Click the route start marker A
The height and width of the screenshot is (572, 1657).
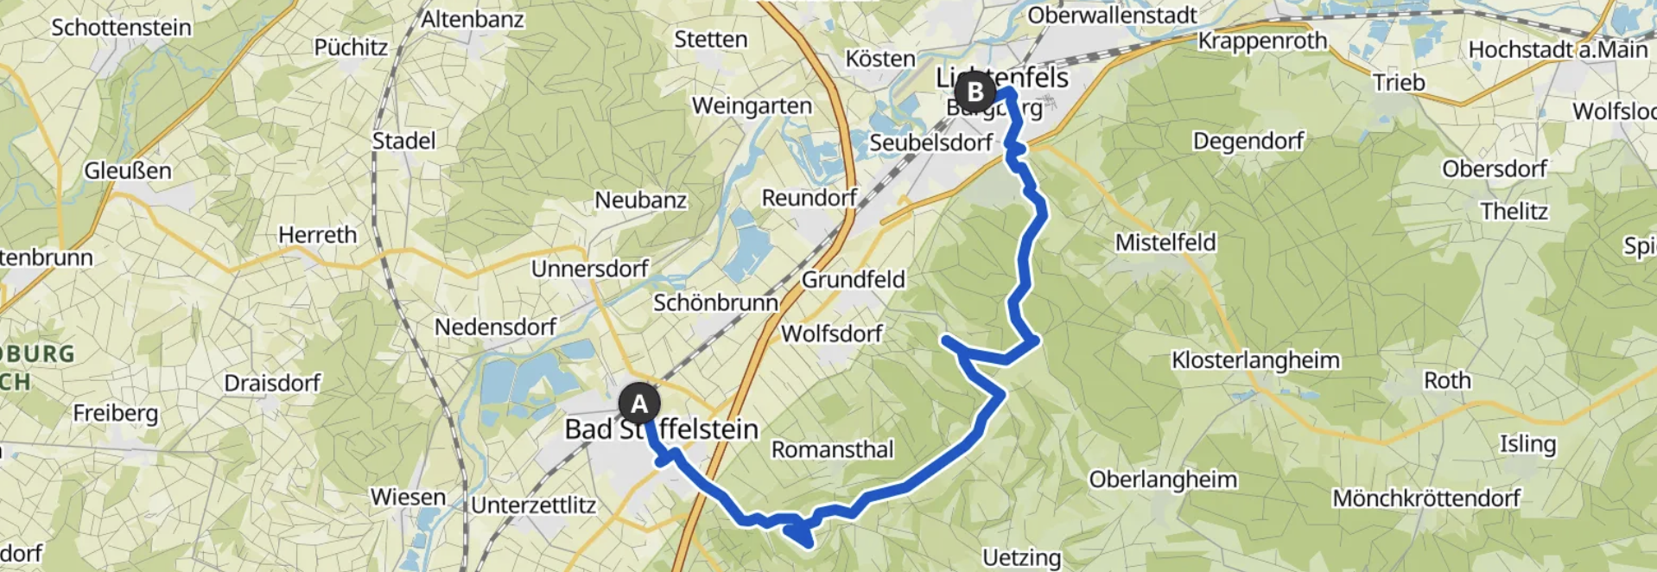pos(639,404)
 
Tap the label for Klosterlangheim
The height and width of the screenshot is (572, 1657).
pos(1255,360)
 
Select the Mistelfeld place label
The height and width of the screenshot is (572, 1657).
pos(1165,243)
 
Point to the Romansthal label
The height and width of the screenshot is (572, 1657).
pos(832,449)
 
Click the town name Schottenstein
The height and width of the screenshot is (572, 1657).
pos(121,28)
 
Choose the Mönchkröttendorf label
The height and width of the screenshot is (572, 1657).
pos(1425,498)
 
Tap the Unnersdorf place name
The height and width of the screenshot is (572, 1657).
pos(589,269)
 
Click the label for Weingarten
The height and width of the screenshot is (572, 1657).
pos(752,105)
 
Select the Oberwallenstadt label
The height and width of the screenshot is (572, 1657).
pos(1112,16)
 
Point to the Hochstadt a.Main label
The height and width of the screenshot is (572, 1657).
pos(1558,50)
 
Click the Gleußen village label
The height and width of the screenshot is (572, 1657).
pos(128,171)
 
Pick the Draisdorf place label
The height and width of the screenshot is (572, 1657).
pos(272,383)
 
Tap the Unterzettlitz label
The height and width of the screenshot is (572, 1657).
pos(533,505)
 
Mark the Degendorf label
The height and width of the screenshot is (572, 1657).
pos(1248,141)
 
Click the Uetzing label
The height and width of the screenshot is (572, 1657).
pos(1021,557)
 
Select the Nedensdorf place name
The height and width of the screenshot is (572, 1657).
pos(495,327)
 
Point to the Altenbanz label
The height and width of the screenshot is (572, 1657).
pos(472,19)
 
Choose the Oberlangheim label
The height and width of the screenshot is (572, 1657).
pos(1163,480)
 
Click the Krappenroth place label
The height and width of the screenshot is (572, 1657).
pos(1262,41)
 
